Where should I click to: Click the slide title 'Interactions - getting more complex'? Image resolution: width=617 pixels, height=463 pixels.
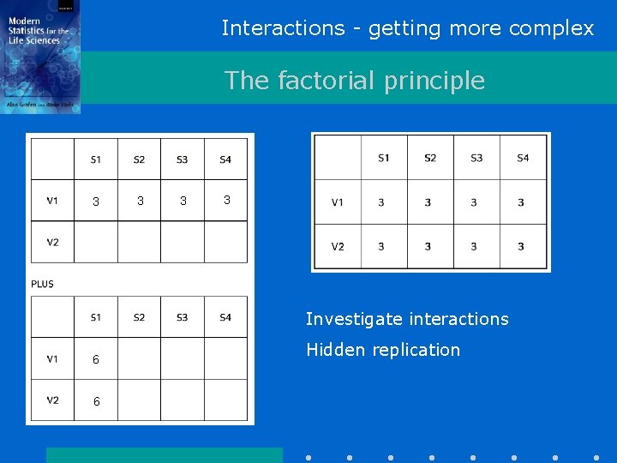click(x=407, y=28)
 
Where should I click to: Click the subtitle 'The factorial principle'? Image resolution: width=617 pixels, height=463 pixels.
click(x=354, y=81)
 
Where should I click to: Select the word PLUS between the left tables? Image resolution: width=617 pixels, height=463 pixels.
click(x=42, y=284)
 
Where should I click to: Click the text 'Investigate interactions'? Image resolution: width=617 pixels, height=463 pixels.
click(x=407, y=319)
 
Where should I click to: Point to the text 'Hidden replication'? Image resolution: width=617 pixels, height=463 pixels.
click(x=383, y=350)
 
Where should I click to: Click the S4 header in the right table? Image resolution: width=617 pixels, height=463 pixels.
click(x=523, y=158)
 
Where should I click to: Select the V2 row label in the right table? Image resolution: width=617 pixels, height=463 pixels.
click(x=338, y=247)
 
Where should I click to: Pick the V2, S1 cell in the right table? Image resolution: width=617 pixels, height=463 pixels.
click(x=381, y=247)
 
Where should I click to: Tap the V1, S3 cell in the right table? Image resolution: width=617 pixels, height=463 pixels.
click(x=474, y=203)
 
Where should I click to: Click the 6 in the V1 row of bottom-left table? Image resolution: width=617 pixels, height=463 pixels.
click(x=96, y=360)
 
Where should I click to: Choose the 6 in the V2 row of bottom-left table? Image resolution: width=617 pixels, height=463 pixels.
click(x=96, y=402)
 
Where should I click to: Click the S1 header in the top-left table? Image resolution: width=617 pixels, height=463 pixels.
click(x=96, y=159)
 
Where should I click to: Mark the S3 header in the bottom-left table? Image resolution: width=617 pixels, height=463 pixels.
click(x=182, y=317)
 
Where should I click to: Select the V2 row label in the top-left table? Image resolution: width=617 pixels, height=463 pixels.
click(x=52, y=242)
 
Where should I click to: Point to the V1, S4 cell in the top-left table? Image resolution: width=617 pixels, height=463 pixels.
click(x=226, y=201)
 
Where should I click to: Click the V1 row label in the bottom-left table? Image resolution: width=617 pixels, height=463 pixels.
click(x=52, y=359)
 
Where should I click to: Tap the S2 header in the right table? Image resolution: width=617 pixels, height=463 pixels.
click(x=429, y=158)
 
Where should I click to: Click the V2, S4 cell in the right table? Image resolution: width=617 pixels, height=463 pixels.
click(x=521, y=247)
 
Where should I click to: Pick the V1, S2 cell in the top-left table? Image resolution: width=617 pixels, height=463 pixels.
click(x=140, y=201)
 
